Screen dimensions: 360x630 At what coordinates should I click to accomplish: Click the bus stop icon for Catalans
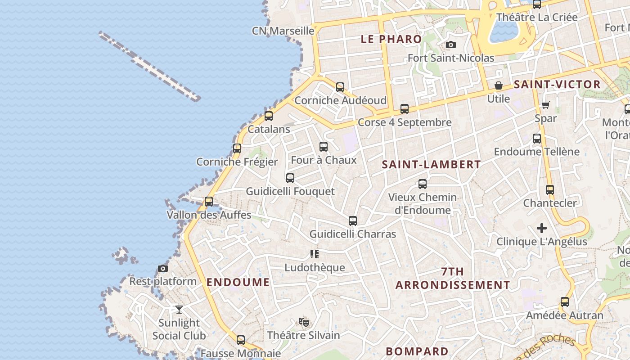click(x=269, y=116)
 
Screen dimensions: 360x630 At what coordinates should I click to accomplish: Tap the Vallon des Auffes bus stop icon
click(x=209, y=202)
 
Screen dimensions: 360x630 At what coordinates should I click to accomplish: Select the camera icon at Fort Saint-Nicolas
click(x=450, y=45)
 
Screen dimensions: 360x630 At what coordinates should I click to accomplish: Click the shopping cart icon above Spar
click(x=545, y=105)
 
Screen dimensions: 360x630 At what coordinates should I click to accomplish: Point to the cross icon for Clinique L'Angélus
click(x=542, y=228)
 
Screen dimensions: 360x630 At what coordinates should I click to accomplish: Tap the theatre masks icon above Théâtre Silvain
click(x=304, y=322)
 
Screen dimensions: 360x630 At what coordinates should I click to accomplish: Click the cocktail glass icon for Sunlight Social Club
click(x=179, y=310)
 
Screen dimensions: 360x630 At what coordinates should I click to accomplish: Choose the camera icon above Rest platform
click(x=163, y=269)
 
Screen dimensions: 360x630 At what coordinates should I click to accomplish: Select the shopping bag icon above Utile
click(x=499, y=85)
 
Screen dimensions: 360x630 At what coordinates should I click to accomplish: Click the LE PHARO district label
click(x=391, y=39)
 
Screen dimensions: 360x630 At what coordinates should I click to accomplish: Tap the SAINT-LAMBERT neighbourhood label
click(x=431, y=165)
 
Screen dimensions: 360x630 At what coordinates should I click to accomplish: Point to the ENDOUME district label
click(x=238, y=283)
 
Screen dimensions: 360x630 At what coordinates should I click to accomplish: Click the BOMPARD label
click(x=417, y=351)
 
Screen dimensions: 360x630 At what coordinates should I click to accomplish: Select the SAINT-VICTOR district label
click(x=557, y=85)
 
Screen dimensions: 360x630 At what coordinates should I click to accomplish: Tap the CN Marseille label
click(x=283, y=31)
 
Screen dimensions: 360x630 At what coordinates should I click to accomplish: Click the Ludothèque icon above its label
click(x=315, y=254)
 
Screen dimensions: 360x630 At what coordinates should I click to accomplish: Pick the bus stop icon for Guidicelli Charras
click(x=353, y=221)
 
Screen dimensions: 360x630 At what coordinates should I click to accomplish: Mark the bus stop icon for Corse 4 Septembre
click(x=405, y=109)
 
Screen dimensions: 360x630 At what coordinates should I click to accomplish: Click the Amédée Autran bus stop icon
click(x=565, y=302)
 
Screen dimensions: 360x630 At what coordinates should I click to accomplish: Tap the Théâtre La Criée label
click(x=536, y=18)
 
